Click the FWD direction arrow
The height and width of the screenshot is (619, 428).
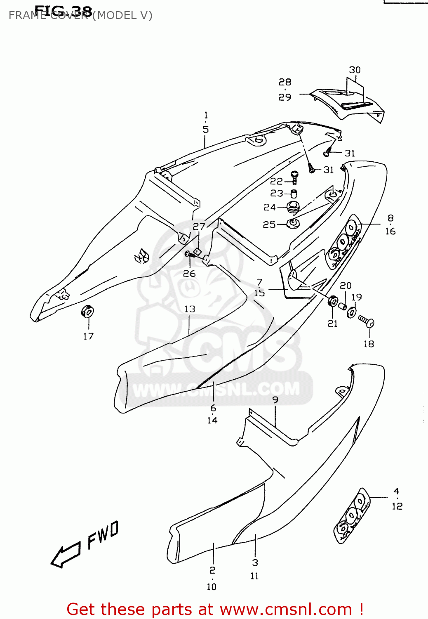click(x=65, y=555)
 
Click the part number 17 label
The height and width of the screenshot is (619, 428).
click(x=88, y=336)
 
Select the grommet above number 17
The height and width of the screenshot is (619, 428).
click(x=87, y=311)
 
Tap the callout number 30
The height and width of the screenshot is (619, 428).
click(x=355, y=70)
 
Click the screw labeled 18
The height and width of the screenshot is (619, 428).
click(x=366, y=321)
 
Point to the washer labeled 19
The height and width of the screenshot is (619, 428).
click(x=352, y=312)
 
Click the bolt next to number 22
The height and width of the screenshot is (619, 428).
click(x=295, y=178)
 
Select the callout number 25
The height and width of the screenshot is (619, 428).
click(x=269, y=224)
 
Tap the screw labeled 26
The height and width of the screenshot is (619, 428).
click(x=189, y=254)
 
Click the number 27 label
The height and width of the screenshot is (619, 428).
click(x=199, y=226)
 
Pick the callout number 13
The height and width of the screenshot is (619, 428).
click(x=190, y=309)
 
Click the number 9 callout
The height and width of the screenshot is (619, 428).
click(x=275, y=399)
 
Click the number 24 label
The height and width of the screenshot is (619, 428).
click(x=270, y=207)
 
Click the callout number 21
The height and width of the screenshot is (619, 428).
click(x=332, y=324)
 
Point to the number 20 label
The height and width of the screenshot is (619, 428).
click(x=346, y=285)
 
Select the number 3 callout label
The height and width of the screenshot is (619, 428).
click(x=255, y=562)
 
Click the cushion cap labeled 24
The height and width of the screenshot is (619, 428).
click(x=292, y=207)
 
